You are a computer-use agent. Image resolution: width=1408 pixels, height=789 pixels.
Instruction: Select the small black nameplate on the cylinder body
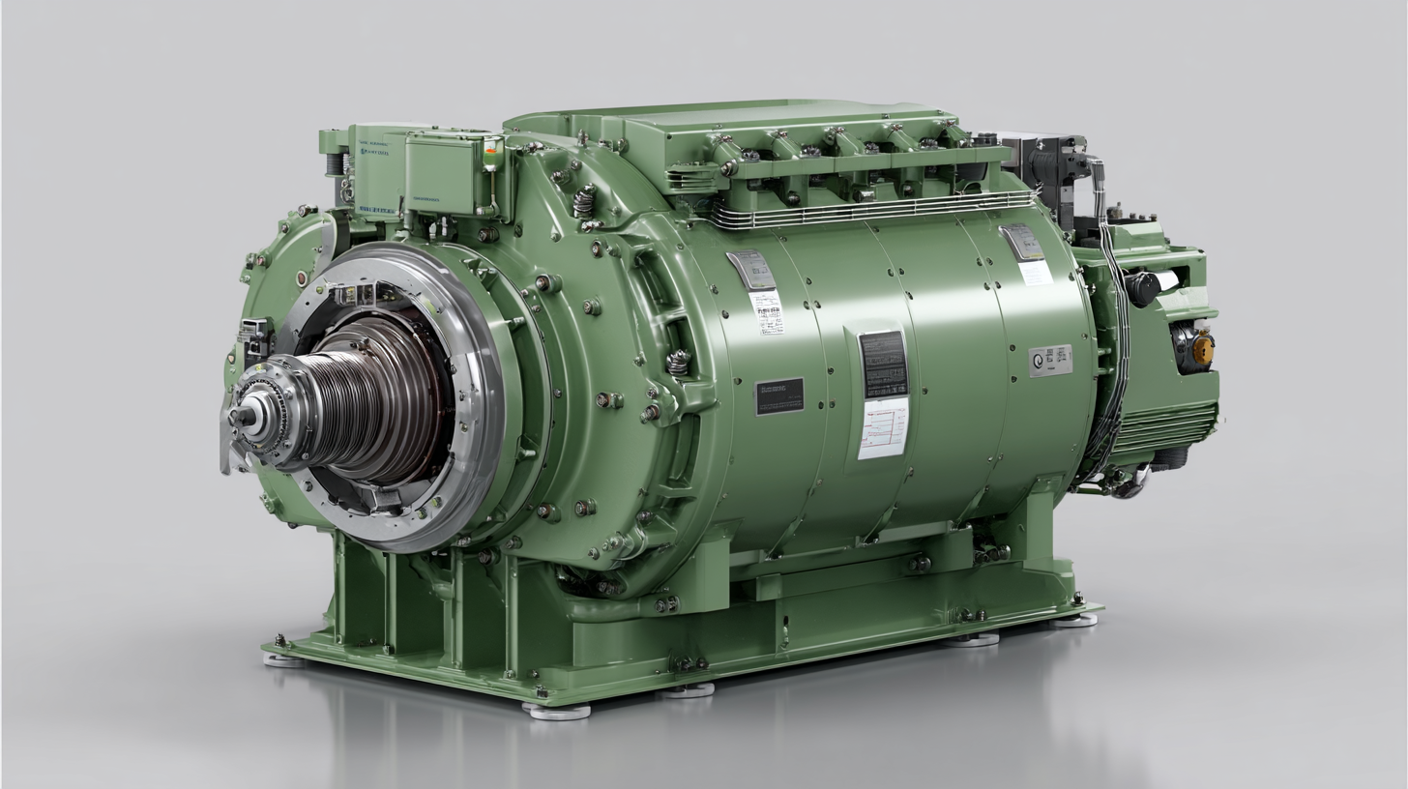click(x=778, y=396)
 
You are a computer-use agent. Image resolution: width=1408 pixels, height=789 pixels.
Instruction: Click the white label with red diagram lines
click(x=883, y=428)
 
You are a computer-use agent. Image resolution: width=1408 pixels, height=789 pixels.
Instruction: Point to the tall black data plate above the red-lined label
click(x=883, y=363)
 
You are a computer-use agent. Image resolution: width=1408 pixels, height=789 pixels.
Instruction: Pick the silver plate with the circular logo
click(x=1049, y=360)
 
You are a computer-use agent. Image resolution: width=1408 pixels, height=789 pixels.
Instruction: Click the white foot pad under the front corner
click(x=557, y=712)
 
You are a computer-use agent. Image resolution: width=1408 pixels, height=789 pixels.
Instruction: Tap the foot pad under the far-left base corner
click(x=283, y=659)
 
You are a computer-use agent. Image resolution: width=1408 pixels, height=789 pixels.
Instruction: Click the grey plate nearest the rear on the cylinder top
click(x=1022, y=242)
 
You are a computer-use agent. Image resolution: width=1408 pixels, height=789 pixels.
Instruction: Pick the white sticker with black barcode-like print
click(x=766, y=312)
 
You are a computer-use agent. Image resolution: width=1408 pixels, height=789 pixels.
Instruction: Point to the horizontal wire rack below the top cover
click(x=870, y=209)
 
